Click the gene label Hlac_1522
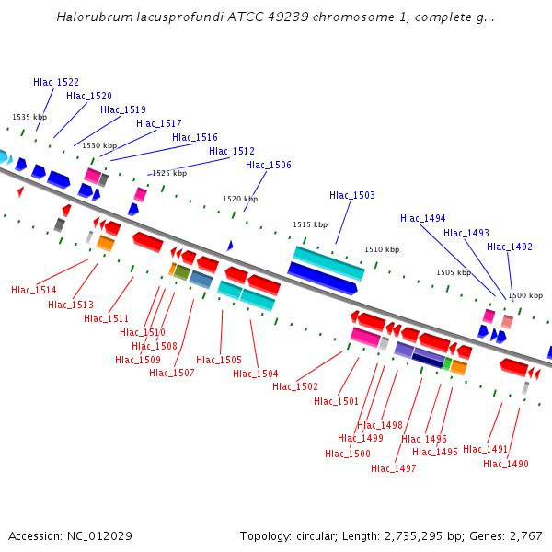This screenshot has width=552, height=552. pos(56,82)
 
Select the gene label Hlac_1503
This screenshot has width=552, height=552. pos(352,195)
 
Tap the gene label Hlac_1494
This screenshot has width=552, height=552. pos(423,218)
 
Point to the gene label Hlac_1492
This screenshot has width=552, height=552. pos(510,247)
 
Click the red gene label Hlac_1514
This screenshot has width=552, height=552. pos(34,290)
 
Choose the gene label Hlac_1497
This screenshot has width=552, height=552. pos(394,468)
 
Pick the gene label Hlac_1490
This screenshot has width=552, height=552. pos(506,464)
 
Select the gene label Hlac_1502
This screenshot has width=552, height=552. pos(295,386)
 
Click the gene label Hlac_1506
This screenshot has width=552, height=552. pos(269,165)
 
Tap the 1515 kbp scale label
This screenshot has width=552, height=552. pos(310,224)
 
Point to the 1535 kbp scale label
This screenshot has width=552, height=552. pos(29,117)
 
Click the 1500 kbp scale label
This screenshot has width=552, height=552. pos(525,295)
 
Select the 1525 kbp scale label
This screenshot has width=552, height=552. pos(169,173)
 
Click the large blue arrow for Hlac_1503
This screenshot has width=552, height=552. pos(322,277)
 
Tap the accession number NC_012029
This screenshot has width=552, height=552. pos(101,535)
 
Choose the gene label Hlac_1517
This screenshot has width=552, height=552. pos(159,123)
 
